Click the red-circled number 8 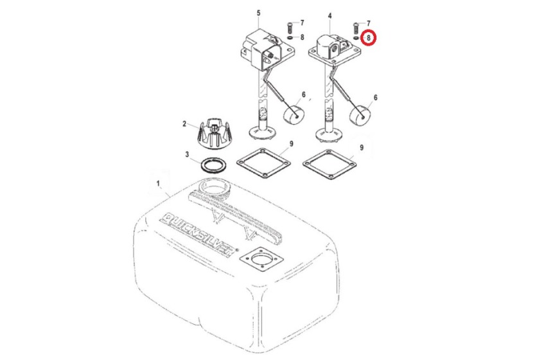pos(369,39)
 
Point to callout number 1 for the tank pos(158,184)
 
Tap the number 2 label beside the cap pos(184,124)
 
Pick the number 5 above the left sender pos(259,13)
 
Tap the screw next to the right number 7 pos(357,27)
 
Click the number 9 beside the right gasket pos(362,147)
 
